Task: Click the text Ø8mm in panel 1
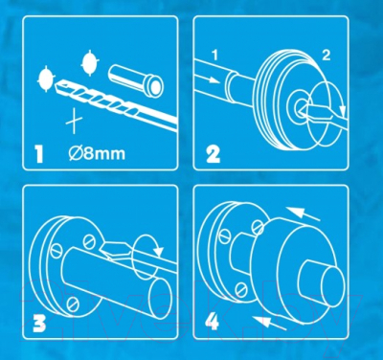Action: (97, 153)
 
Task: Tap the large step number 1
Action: (39, 154)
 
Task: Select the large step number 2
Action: (213, 154)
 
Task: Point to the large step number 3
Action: (39, 323)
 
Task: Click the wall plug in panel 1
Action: (136, 80)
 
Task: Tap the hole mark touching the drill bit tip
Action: (46, 79)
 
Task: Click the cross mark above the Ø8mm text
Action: (74, 121)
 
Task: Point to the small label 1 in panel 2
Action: (214, 56)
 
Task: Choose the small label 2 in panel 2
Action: (326, 56)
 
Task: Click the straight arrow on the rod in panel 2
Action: (210, 79)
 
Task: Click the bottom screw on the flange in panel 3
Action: (73, 304)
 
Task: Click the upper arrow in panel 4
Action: (303, 214)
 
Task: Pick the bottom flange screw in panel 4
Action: (240, 289)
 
